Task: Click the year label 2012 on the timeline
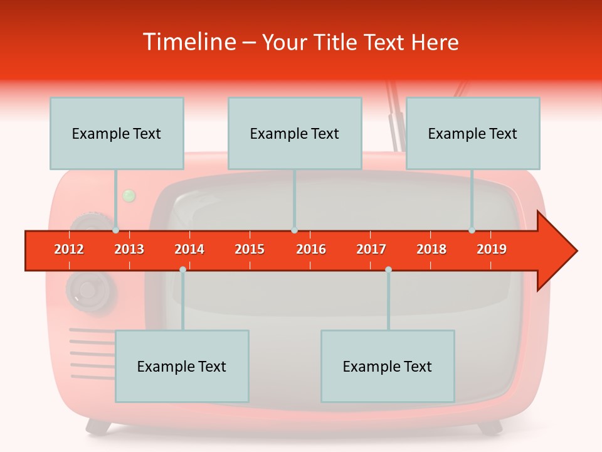[x=69, y=249]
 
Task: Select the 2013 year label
[x=129, y=249]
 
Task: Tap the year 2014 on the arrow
[x=189, y=249]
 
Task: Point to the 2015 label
[x=250, y=249]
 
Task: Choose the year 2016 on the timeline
[x=311, y=249]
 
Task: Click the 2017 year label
[x=371, y=249]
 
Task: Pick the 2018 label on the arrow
[x=431, y=249]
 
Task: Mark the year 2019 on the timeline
[x=492, y=249]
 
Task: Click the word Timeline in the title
[x=188, y=43]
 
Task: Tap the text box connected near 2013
[x=117, y=133]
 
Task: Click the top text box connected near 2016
[x=295, y=133]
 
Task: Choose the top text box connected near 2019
[x=473, y=133]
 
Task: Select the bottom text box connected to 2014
[x=182, y=366]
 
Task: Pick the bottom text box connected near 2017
[x=388, y=366]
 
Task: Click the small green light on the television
[x=129, y=196]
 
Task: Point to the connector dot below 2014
[x=182, y=269]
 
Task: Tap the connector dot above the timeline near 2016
[x=294, y=230]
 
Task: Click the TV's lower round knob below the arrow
[x=92, y=290]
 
